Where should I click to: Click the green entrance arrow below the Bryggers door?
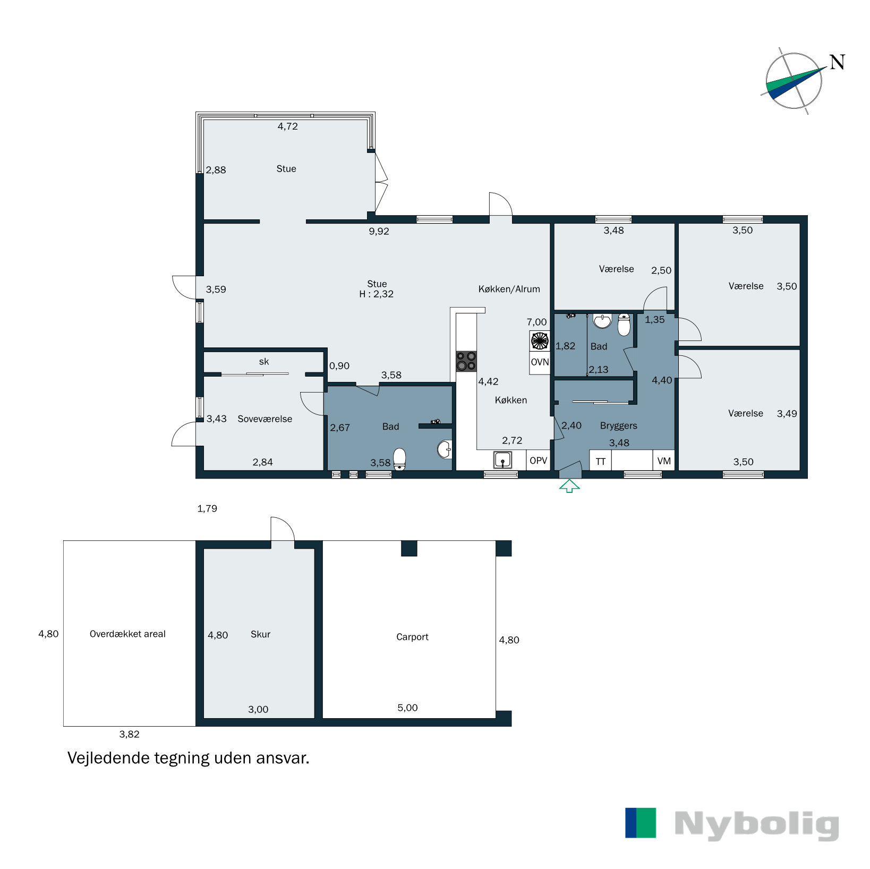tap(569, 485)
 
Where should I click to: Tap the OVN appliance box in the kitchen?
tap(540, 362)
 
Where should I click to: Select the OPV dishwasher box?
tap(538, 461)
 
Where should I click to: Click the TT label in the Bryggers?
tap(600, 461)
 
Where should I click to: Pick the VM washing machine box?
tap(664, 461)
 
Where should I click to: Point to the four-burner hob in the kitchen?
tap(466, 361)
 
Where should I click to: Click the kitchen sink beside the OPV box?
tap(502, 459)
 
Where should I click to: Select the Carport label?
tap(412, 637)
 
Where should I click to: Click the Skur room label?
tap(260, 634)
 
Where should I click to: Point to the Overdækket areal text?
tap(127, 634)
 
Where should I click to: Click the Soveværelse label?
tap(265, 419)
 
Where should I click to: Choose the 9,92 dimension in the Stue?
tap(379, 232)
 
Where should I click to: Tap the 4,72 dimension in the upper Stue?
tap(287, 126)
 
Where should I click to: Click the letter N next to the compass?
tap(837, 63)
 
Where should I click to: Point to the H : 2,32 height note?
tap(376, 294)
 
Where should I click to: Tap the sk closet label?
tap(263, 362)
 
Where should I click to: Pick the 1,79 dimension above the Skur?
tap(207, 508)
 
